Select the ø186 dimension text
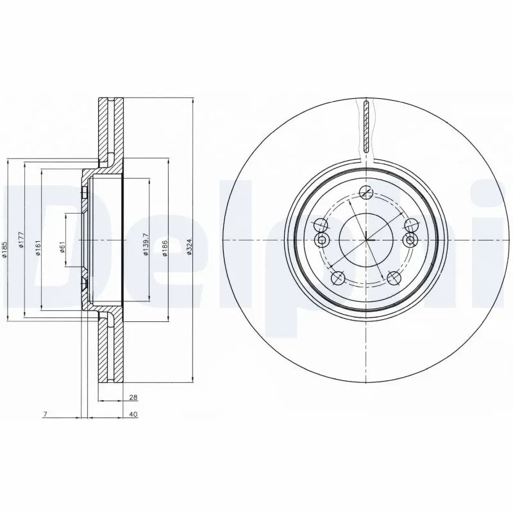165,246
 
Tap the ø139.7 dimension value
146,244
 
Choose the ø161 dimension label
38,246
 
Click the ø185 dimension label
5,249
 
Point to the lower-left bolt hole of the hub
339,277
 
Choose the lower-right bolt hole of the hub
393,277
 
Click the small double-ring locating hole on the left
323,240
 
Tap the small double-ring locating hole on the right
410,240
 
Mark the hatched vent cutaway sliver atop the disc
366,126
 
